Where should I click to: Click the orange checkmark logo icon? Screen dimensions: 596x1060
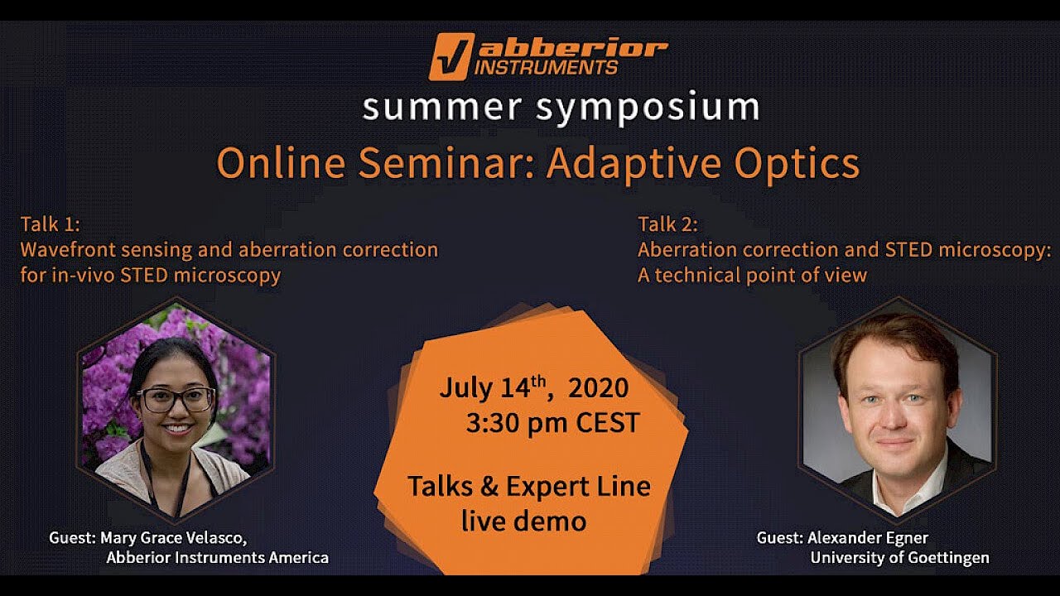(451, 56)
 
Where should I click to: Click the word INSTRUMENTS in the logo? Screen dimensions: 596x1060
(547, 67)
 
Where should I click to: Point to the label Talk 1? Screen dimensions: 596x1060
(50, 224)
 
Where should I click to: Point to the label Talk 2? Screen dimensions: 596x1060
(667, 224)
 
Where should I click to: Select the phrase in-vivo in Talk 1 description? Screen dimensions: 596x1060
(83, 275)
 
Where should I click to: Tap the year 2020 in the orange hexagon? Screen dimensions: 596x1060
(597, 387)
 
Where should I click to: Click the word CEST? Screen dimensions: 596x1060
(608, 423)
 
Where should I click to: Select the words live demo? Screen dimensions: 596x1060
(523, 521)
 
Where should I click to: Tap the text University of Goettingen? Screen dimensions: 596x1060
(899, 557)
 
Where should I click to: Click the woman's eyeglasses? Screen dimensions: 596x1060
(176, 399)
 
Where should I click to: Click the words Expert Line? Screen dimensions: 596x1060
(578, 486)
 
